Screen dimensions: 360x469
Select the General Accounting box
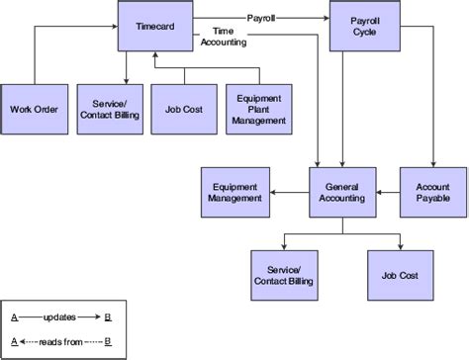(342, 192)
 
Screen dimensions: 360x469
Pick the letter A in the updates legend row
(14, 317)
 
